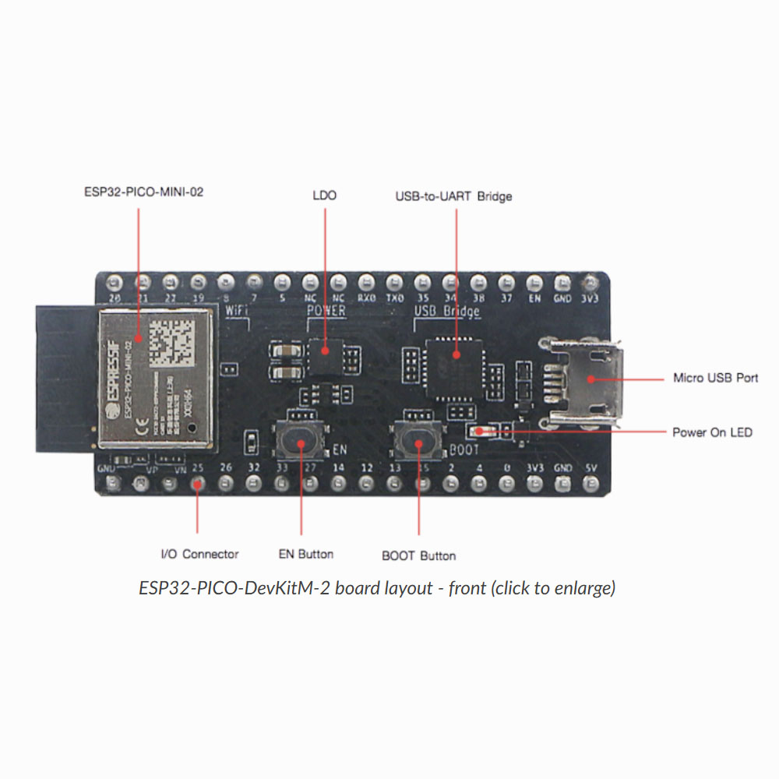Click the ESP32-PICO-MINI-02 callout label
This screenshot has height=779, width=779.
(x=143, y=192)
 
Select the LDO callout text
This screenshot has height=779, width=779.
(x=324, y=195)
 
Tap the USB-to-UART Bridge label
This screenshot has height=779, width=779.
(x=453, y=196)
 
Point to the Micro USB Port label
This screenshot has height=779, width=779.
(x=715, y=379)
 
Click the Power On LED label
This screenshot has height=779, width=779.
(x=712, y=432)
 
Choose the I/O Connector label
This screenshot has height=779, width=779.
(x=199, y=554)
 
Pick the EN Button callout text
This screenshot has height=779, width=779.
(x=306, y=554)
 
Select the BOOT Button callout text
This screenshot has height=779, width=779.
(x=418, y=555)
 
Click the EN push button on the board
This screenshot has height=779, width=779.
(x=301, y=441)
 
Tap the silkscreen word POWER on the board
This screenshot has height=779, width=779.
(x=326, y=311)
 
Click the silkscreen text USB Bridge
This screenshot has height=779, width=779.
(x=446, y=312)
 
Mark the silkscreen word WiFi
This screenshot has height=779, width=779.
(x=236, y=311)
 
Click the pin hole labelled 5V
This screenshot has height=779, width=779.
(x=591, y=485)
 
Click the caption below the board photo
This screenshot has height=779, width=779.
(x=377, y=588)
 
